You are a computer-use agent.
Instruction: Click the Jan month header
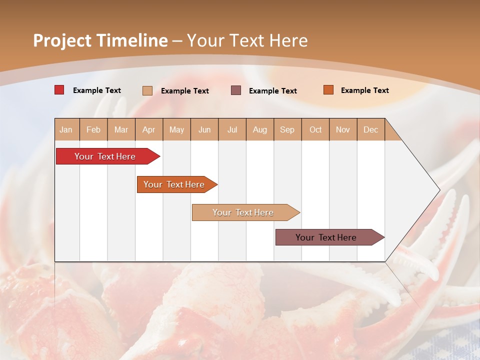[x=66, y=129]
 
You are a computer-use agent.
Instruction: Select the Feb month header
[x=93, y=129]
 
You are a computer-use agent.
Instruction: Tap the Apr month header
[x=149, y=129]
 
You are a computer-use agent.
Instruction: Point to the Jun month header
[x=204, y=129]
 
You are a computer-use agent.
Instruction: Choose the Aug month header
[x=260, y=129]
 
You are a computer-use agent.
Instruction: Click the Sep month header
[x=287, y=129]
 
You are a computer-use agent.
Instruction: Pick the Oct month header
[x=315, y=129]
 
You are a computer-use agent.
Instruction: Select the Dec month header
[x=371, y=129]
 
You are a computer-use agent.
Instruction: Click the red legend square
[x=59, y=90]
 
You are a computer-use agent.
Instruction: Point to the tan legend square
[x=147, y=90]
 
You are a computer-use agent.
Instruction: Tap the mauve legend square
[x=236, y=90]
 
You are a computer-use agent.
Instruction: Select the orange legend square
[x=328, y=90]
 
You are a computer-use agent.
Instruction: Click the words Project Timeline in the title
[x=100, y=40]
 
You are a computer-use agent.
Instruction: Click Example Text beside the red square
[x=97, y=90]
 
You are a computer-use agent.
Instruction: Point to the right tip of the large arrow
[x=438, y=190]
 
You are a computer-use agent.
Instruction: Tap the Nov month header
[x=343, y=129]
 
